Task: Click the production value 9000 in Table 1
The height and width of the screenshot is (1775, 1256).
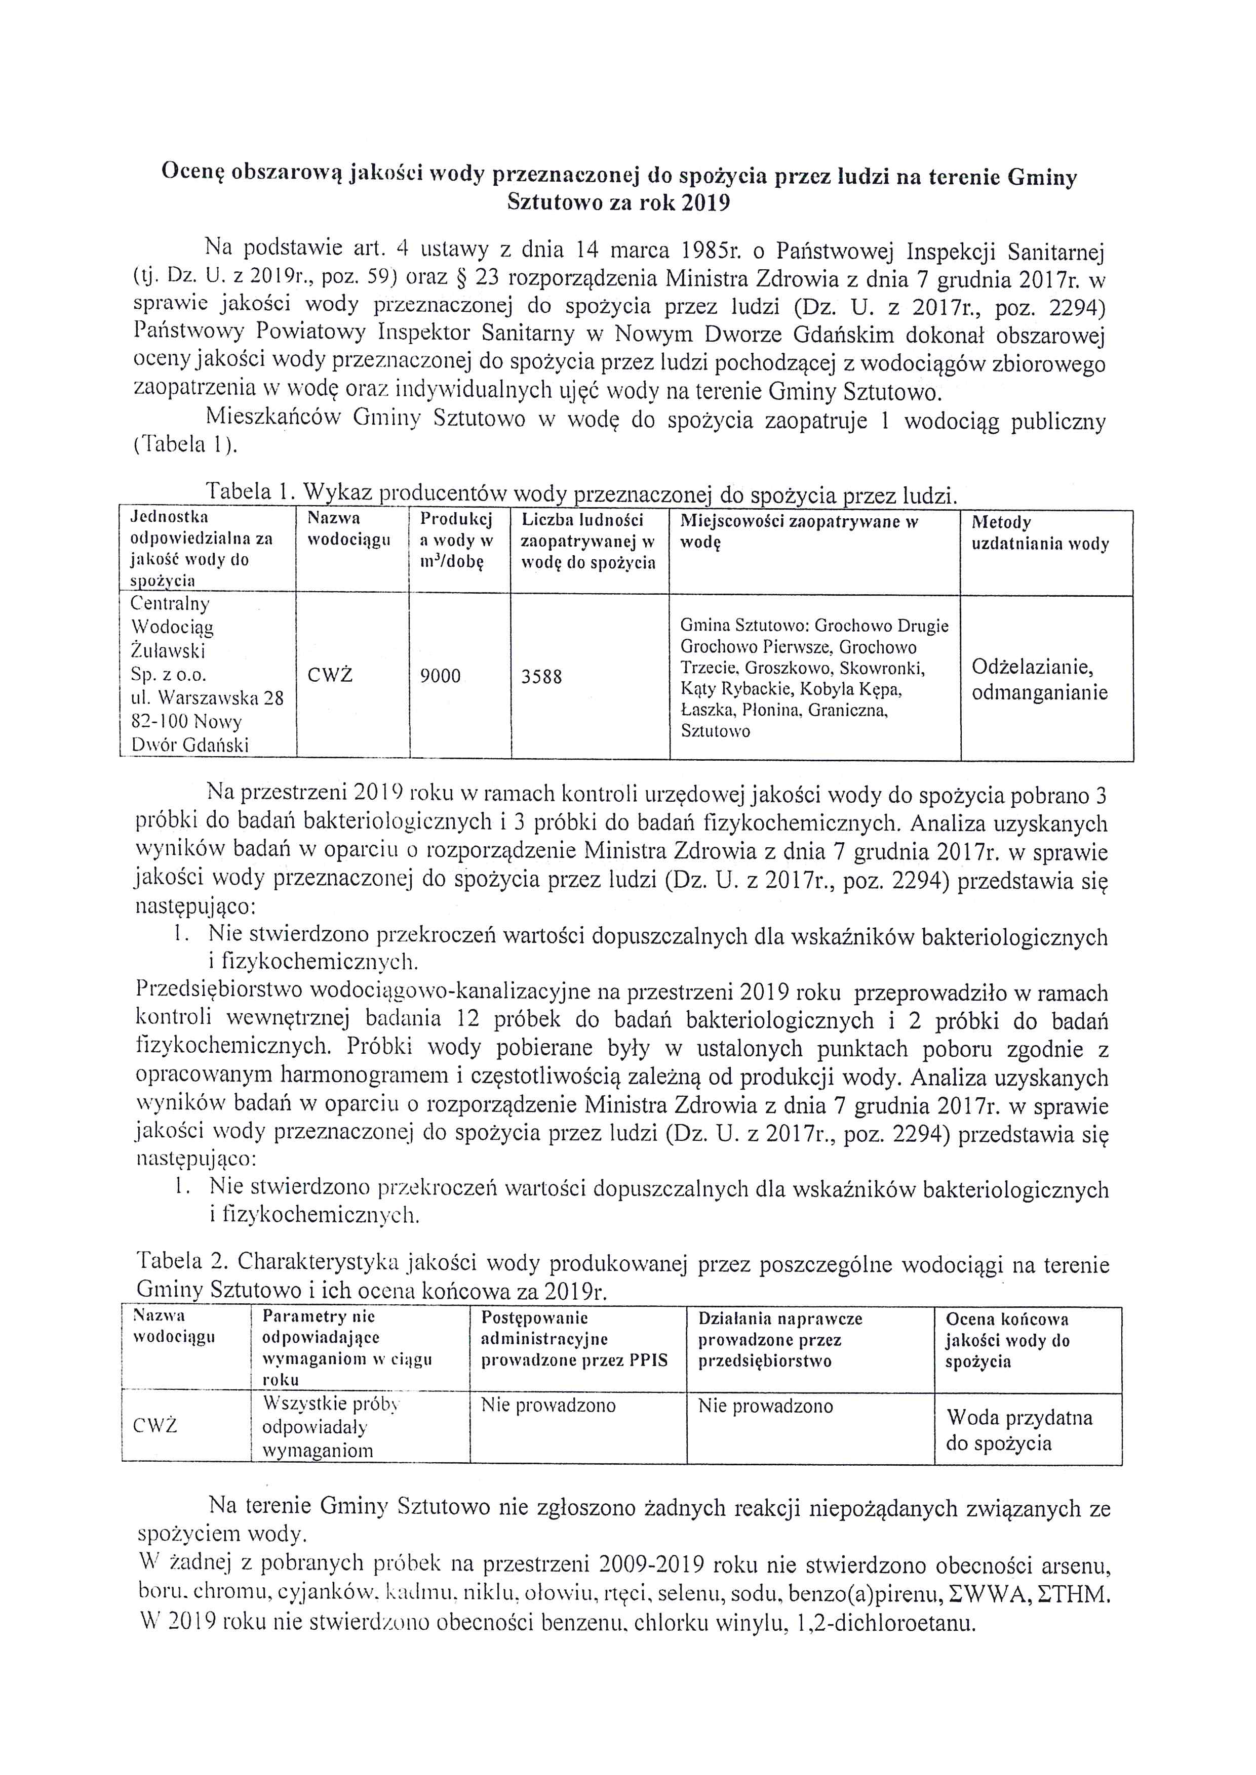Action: coord(440,677)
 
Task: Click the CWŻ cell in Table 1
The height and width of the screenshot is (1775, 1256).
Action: coord(330,676)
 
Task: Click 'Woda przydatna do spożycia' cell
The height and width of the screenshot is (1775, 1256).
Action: coord(1019,1430)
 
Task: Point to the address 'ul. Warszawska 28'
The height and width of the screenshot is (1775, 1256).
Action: coord(207,698)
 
